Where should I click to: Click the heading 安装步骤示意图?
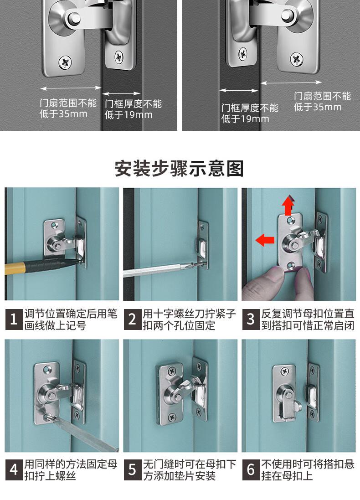tap(179, 168)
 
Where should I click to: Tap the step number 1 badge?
tap(14, 319)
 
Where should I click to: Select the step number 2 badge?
tap(132, 319)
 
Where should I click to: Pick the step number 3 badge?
tap(251, 319)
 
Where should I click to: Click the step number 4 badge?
tap(14, 470)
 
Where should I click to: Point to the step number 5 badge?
tap(132, 470)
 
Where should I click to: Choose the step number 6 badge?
tap(251, 470)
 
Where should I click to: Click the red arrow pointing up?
tap(288, 205)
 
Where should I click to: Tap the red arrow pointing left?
tap(265, 240)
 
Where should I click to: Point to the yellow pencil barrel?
tap(14, 268)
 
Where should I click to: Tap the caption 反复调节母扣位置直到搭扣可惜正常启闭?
tap(308, 320)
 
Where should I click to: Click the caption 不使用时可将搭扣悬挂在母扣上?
tap(308, 470)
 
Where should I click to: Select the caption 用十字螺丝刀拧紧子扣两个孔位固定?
tap(189, 320)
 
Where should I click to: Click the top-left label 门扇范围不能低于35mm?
tap(68, 108)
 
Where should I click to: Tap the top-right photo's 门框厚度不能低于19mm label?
tap(250, 113)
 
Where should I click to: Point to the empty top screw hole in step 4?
tap(47, 369)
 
